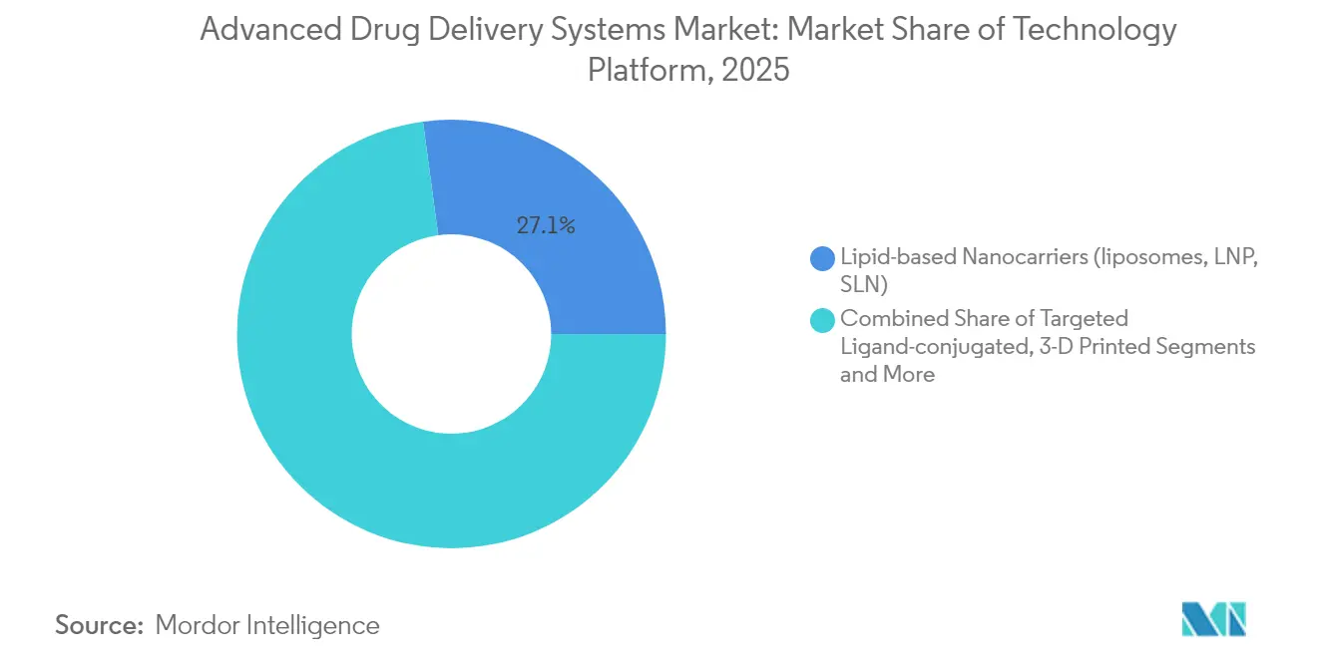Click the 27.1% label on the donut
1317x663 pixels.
pos(545,226)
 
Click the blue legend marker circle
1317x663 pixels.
pos(822,258)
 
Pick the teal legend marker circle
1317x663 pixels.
pos(822,320)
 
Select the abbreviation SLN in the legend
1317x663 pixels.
pos(861,286)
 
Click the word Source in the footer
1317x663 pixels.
pos(98,625)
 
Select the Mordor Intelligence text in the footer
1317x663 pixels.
pos(267,625)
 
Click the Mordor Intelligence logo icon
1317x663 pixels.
pos(1213,619)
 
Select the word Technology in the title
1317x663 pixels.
pos(1096,30)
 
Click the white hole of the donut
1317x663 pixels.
pos(451,334)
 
